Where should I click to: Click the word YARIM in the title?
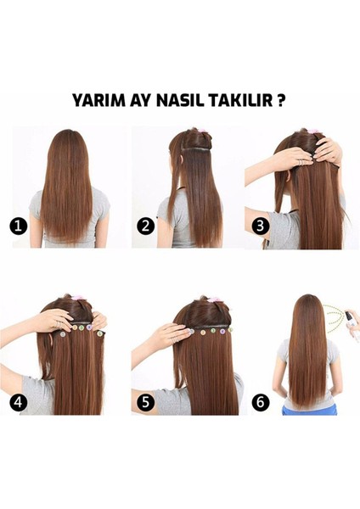98,100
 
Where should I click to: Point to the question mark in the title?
281,100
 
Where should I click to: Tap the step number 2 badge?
145,226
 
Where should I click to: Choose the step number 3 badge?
260,226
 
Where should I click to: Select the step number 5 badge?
145,402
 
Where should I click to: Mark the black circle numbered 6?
261,402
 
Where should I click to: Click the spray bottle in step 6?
349,320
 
